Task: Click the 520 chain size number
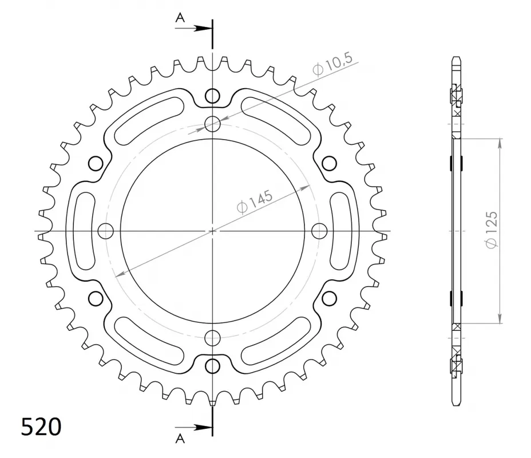pos(41,427)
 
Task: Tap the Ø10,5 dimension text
pos(333,64)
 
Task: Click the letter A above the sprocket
pos(180,18)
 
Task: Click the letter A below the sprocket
pos(180,439)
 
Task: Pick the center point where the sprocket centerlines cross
pos(212,231)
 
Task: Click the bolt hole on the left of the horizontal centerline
pos(106,231)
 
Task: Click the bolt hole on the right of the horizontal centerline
pos(319,231)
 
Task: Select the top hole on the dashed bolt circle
pos(212,123)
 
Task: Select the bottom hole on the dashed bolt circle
pos(212,337)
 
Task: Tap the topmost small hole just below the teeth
pos(212,96)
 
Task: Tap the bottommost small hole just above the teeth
pos(212,365)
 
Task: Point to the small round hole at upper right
pos(328,163)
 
